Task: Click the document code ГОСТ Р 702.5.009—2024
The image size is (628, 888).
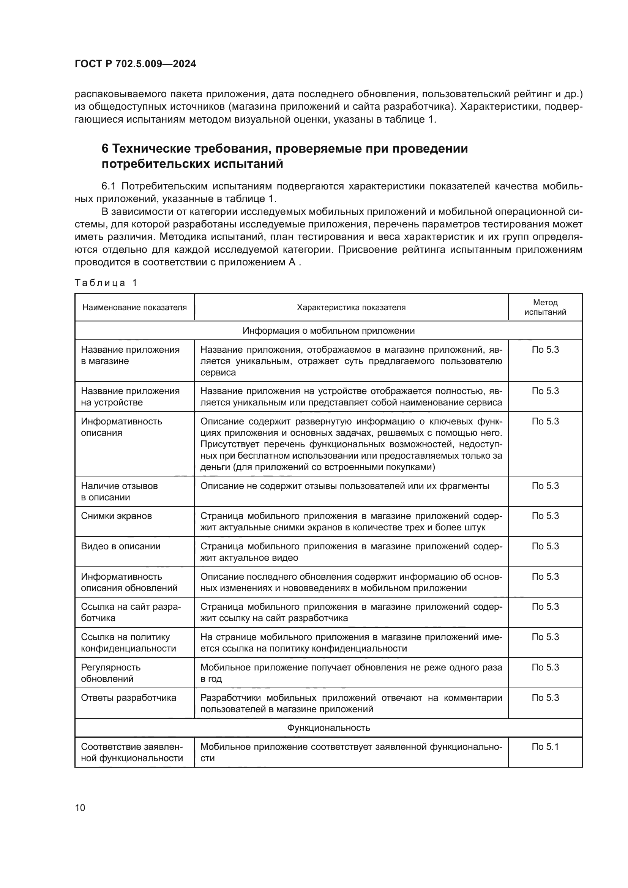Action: coord(135,64)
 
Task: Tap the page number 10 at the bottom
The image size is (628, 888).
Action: coord(80,808)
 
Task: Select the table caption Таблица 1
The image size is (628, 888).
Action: coord(106,283)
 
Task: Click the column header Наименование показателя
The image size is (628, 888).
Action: coord(134,308)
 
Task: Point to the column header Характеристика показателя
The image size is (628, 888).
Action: coord(351,308)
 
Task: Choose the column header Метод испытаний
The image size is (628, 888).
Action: coord(545,307)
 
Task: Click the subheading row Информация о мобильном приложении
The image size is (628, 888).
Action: coord(328,331)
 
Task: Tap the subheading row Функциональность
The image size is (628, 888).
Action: coord(328,728)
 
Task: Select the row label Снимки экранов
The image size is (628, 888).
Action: coord(116,516)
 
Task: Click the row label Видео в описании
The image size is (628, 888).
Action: coord(120,546)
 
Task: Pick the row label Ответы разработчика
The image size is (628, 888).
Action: coord(128,698)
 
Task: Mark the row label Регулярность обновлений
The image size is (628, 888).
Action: coord(110,673)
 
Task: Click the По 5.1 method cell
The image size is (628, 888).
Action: coord(545,747)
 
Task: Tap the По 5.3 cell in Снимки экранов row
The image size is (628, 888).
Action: coord(545,516)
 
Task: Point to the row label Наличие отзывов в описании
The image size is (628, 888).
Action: coord(119,492)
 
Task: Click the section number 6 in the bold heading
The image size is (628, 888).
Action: coord(105,149)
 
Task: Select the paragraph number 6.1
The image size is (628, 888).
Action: coord(109,186)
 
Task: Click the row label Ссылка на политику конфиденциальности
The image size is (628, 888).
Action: coord(128,643)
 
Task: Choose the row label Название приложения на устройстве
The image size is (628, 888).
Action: coord(130,397)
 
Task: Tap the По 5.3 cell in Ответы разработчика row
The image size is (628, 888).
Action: coord(545,698)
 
